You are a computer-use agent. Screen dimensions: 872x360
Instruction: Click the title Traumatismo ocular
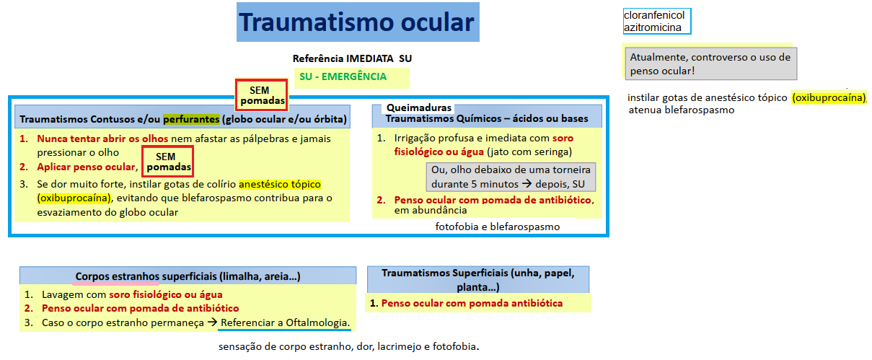pyautogui.click(x=356, y=22)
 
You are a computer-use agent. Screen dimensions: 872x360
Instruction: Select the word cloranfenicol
pyautogui.click(x=654, y=15)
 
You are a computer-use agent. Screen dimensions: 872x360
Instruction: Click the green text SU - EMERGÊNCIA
pyautogui.click(x=343, y=76)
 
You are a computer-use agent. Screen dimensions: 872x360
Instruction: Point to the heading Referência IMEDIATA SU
pyautogui.click(x=352, y=58)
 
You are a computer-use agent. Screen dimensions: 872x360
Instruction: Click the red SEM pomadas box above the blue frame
pyautogui.click(x=262, y=95)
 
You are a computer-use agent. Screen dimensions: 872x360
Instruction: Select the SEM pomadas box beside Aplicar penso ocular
pyautogui.click(x=168, y=162)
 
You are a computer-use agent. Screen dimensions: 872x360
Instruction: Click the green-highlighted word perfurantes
pyautogui.click(x=191, y=119)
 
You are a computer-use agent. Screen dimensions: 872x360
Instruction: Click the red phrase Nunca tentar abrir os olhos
pyautogui.click(x=102, y=139)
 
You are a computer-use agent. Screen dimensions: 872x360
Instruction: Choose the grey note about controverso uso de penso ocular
pyautogui.click(x=711, y=63)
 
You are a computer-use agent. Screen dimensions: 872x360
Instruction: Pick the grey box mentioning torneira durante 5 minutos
pyautogui.click(x=511, y=177)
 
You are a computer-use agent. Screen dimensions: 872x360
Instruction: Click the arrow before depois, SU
pyautogui.click(x=527, y=184)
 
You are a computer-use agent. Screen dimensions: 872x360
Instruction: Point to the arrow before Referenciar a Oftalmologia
pyautogui.click(x=212, y=322)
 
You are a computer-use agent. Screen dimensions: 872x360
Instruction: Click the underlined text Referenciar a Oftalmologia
pyautogui.click(x=286, y=322)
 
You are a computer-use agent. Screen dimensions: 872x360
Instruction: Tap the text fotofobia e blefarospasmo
pyautogui.click(x=498, y=227)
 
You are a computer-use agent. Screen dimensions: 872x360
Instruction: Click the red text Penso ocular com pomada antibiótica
pyautogui.click(x=472, y=303)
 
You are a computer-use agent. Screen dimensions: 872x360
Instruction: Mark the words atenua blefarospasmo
pyautogui.click(x=682, y=110)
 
